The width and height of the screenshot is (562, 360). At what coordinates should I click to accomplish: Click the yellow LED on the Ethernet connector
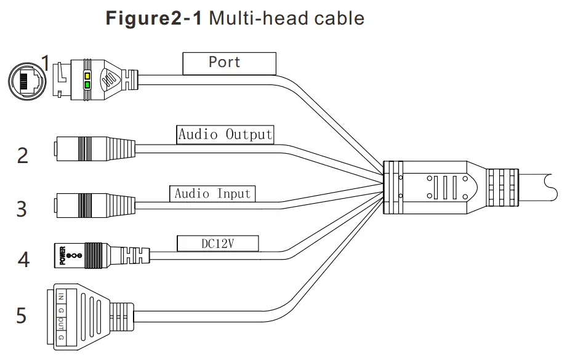tap(87, 76)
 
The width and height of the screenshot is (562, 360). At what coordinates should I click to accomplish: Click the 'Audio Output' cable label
tap(225, 134)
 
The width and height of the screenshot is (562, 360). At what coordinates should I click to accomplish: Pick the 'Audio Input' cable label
tap(212, 193)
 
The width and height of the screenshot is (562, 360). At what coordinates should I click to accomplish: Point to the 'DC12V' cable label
tap(218, 244)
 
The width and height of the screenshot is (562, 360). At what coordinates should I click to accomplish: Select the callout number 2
tap(22, 154)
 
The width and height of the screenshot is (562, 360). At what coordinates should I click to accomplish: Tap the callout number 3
tap(22, 208)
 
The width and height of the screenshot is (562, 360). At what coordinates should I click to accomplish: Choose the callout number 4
tap(23, 259)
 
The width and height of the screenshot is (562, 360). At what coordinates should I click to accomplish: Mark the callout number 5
tap(22, 316)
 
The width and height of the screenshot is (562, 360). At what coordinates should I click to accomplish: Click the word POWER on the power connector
tap(62, 255)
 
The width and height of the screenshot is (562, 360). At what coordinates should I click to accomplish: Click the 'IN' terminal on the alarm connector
tap(61, 297)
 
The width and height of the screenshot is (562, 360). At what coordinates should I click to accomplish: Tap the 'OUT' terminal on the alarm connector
tap(61, 324)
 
